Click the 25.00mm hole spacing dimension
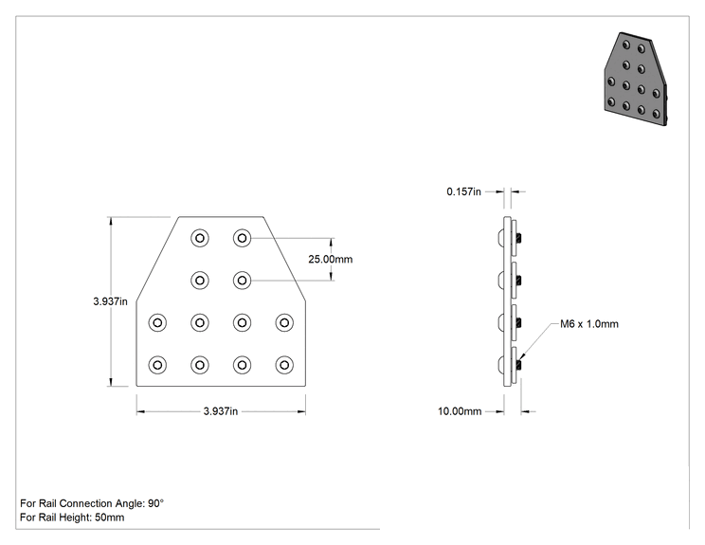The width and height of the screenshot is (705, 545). point(330,259)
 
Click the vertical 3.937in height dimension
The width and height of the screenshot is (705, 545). point(110,301)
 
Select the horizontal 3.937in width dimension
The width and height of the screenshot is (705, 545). point(220,411)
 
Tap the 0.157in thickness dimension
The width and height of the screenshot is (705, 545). point(463,191)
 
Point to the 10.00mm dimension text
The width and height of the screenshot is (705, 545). point(460,411)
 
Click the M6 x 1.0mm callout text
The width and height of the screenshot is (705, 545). point(589,324)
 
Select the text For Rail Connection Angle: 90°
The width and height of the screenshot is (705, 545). point(92,503)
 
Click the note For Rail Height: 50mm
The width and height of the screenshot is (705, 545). point(72,518)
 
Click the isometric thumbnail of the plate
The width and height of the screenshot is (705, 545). point(636,79)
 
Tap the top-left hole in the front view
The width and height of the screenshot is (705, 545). point(200,238)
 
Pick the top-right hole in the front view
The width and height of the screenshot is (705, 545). point(242,238)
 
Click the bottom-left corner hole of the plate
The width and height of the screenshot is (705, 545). point(157,365)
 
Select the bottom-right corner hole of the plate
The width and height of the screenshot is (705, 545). point(284,365)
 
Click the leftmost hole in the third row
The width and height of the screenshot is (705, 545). point(157,322)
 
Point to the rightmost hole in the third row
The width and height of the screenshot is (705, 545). point(284,322)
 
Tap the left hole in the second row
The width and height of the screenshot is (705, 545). point(200,281)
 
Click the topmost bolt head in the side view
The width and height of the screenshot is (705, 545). point(500,238)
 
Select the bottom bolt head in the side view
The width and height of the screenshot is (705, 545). point(500,365)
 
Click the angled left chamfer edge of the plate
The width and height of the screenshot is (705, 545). point(158,258)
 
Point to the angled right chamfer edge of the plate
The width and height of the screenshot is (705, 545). point(284,258)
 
